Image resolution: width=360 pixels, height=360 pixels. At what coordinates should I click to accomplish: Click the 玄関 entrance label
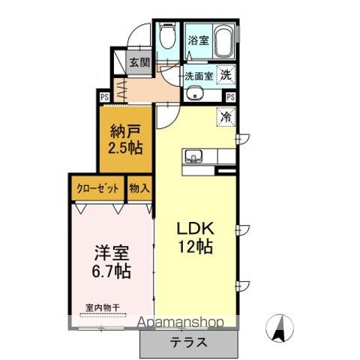point(138,63)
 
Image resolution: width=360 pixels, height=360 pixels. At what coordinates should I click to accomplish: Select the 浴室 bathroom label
point(199,40)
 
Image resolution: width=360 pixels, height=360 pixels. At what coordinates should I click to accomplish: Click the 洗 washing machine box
point(225,74)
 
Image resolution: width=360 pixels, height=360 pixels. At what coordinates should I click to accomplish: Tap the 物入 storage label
point(139,188)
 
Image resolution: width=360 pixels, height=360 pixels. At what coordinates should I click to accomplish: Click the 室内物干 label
point(103,307)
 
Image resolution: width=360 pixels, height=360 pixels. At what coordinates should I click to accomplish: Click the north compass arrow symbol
point(280,326)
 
